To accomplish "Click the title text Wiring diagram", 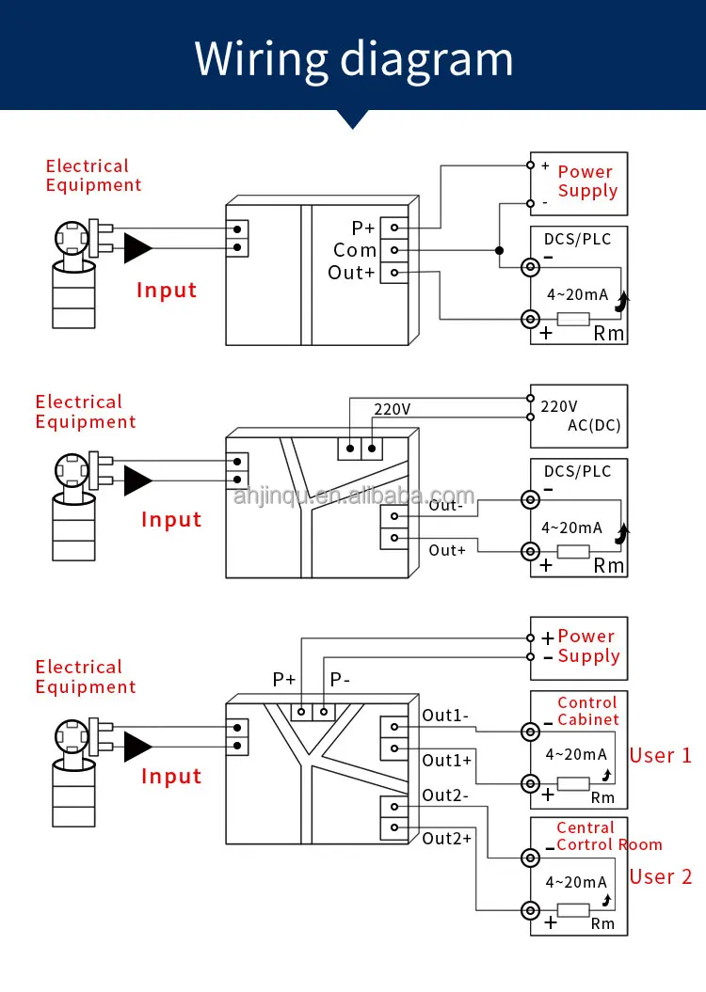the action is [x=353, y=60].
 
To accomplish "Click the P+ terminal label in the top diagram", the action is [x=363, y=228].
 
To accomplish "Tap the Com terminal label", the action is [x=355, y=250].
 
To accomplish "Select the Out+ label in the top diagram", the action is [x=351, y=273].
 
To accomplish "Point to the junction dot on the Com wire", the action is [x=499, y=250].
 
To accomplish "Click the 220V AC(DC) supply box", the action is [x=579, y=417].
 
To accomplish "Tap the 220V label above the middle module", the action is [x=392, y=409].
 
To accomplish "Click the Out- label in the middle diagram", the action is [x=446, y=506].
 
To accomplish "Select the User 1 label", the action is [x=661, y=755].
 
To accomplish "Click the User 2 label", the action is [x=661, y=877].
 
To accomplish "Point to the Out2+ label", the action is [x=447, y=839].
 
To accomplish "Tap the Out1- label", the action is [x=446, y=716].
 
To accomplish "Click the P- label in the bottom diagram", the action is [x=340, y=680].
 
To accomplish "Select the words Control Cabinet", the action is [x=588, y=711].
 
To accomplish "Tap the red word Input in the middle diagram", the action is [x=171, y=519].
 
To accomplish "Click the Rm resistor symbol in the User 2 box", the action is [x=573, y=910].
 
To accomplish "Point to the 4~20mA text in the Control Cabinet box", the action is [x=576, y=754].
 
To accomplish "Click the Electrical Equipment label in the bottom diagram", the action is [x=86, y=677].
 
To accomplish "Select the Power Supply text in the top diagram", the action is [x=587, y=181].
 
